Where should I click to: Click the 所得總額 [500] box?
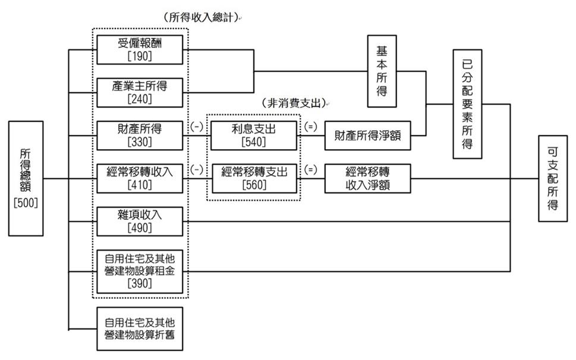[26, 178]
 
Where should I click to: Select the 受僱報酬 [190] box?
[140, 49]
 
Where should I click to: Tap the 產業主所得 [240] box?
[140, 92]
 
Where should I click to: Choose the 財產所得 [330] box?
[140, 135]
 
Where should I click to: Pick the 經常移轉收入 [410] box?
[140, 178]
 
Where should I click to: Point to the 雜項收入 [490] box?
[140, 221]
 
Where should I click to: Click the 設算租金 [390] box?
[140, 271]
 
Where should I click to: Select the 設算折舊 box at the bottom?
[140, 329]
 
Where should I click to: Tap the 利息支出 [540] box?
[252, 135]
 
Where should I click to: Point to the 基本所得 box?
[382, 71]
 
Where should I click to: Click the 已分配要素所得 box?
[467, 103]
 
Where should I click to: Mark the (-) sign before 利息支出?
[197, 127]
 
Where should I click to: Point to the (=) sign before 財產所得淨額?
[310, 127]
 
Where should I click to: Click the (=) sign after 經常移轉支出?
[310, 169]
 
